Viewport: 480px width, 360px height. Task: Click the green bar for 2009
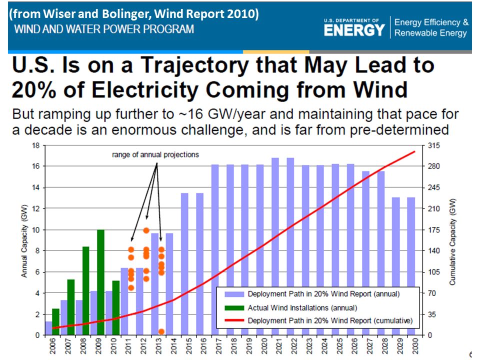click(100, 282)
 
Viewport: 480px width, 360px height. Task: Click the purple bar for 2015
click(184, 264)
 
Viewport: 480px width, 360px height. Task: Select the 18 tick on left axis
click(35, 145)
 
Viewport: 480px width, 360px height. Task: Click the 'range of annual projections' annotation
click(155, 154)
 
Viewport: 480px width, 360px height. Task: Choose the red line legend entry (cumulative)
click(329, 320)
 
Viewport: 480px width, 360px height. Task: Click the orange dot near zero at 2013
click(161, 331)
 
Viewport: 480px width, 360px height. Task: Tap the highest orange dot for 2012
click(146, 230)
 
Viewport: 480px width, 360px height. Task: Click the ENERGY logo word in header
click(354, 30)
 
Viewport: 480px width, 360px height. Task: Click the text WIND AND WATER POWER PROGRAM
click(104, 29)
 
